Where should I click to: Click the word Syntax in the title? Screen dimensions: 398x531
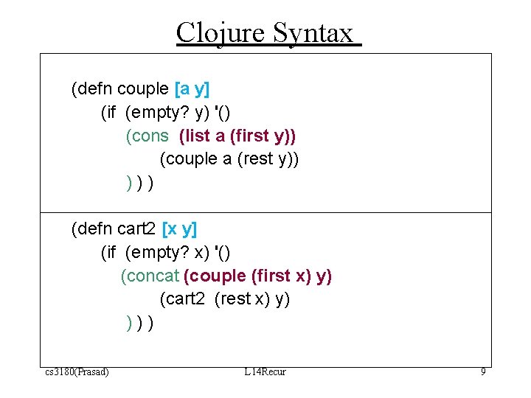(313, 33)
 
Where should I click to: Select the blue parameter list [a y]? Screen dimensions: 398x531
(192, 89)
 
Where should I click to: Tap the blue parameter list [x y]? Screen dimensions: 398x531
(179, 229)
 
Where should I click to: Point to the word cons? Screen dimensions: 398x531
(150, 136)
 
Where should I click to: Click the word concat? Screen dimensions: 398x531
(150, 276)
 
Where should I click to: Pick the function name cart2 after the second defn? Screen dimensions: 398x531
(136, 229)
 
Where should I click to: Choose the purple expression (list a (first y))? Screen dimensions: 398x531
(237, 136)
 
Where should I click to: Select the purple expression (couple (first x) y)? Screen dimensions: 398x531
(257, 276)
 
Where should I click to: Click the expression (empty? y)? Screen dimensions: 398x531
(167, 113)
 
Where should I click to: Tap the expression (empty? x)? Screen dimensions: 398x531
(167, 253)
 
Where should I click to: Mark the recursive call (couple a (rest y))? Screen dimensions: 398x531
(229, 159)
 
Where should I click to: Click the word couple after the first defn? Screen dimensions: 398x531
(143, 89)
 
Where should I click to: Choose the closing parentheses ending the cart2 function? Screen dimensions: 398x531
(140, 323)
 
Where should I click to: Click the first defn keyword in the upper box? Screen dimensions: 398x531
(91, 89)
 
